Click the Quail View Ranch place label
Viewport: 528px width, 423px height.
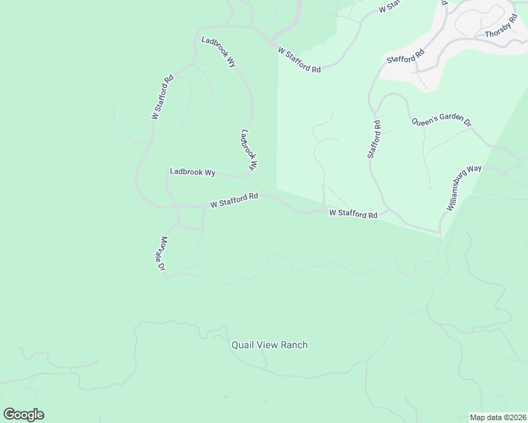(270, 345)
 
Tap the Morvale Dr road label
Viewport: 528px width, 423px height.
(162, 254)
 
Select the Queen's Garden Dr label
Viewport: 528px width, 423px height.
(442, 121)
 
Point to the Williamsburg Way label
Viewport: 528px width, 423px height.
(464, 188)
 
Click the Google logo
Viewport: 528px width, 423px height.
(23, 415)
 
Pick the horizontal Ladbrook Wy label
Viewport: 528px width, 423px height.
(192, 172)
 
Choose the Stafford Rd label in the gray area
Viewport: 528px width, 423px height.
(405, 56)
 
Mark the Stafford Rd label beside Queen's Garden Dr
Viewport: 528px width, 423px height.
(374, 139)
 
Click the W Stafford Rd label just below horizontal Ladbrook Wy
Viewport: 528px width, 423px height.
(234, 200)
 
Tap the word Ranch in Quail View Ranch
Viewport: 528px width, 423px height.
(294, 345)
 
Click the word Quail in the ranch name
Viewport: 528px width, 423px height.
(243, 345)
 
